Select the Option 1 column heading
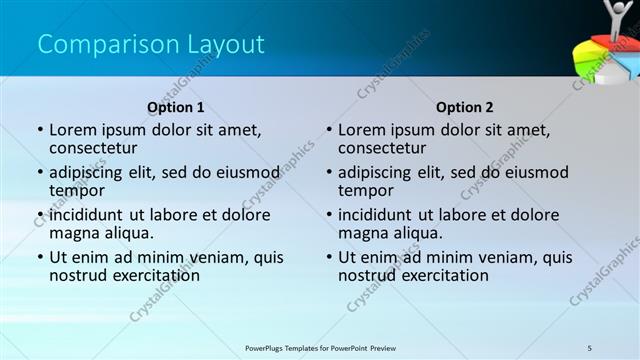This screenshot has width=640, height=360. click(x=176, y=107)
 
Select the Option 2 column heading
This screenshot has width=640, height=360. click(x=465, y=107)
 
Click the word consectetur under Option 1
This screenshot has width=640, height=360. click(x=93, y=148)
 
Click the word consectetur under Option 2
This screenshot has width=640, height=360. click(x=382, y=148)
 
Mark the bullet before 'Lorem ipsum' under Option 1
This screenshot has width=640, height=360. click(x=40, y=130)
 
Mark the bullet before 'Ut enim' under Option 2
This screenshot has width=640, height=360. click(x=329, y=257)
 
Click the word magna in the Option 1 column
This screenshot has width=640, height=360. click(x=73, y=233)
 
